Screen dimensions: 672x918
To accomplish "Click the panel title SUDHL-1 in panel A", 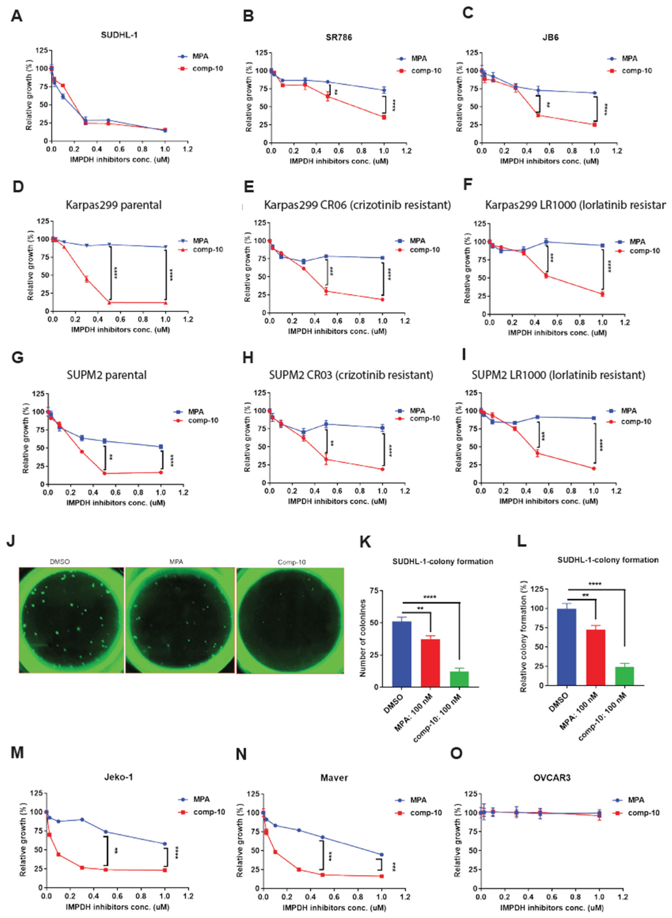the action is click(119, 35).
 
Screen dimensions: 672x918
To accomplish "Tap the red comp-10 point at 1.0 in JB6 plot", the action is click(594, 125).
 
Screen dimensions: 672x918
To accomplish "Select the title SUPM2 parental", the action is click(107, 375).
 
